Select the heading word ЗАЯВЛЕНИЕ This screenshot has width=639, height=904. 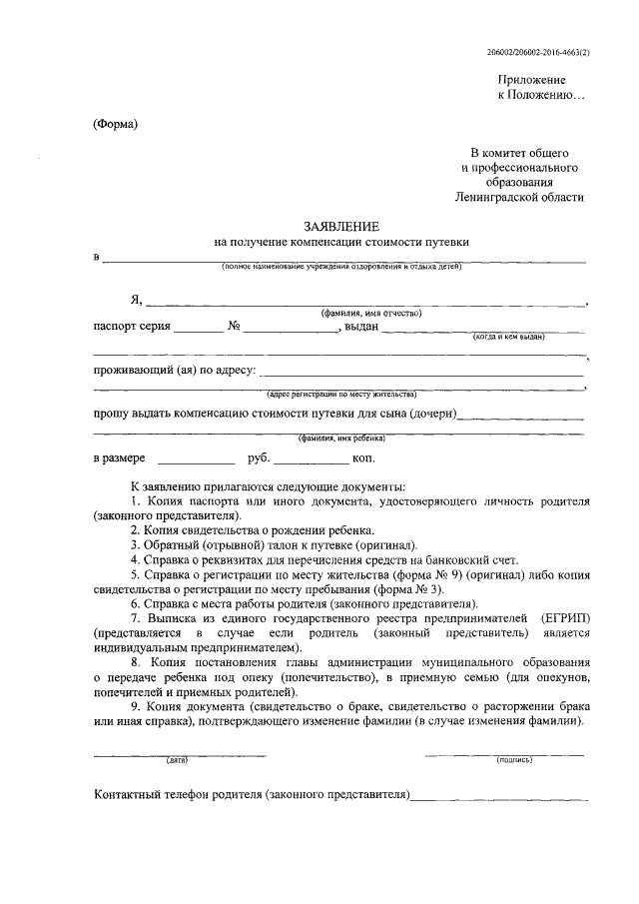click(340, 227)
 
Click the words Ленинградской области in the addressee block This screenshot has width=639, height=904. click(519, 198)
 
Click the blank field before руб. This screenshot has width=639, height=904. click(196, 460)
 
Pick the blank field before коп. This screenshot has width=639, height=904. click(312, 460)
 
